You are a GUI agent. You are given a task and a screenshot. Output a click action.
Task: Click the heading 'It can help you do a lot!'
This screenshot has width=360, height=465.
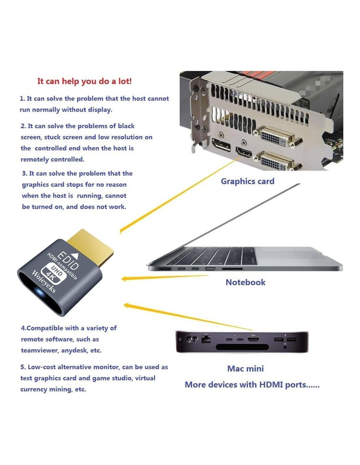click(84, 81)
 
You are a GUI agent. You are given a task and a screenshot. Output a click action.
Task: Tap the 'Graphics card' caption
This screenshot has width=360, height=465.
click(247, 181)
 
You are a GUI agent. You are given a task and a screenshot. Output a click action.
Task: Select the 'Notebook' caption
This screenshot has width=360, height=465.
click(245, 282)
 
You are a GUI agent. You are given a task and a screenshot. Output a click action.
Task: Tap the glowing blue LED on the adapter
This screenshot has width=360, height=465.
click(40, 292)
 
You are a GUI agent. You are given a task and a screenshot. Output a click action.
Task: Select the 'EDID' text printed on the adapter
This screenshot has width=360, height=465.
click(68, 261)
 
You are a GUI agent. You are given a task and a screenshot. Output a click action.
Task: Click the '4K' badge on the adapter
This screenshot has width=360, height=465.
click(51, 278)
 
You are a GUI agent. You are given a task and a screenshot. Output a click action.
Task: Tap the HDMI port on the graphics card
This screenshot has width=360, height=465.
click(244, 153)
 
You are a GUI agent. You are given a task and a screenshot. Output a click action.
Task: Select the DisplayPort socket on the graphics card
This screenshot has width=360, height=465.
click(221, 145)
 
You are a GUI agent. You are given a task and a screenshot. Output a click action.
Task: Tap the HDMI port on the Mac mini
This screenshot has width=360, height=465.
click(253, 339)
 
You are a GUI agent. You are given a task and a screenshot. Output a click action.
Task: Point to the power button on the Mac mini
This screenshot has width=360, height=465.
click(180, 339)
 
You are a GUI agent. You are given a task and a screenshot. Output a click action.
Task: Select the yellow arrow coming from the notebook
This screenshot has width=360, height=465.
click(165, 277)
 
